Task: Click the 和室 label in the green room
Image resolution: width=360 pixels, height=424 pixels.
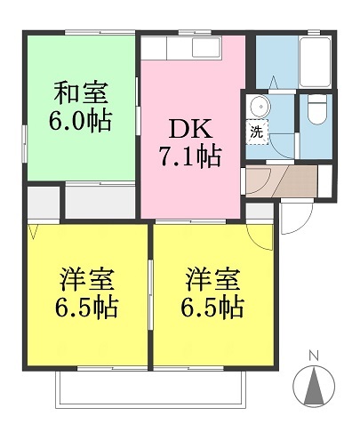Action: pos(81,92)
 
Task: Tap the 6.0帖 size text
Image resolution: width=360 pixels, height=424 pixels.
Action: pos(80,121)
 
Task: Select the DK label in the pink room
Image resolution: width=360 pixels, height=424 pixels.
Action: pos(190,128)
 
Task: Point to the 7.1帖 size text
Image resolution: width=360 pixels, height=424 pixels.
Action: pos(190,156)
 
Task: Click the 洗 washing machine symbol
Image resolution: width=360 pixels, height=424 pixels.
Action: pos(257,132)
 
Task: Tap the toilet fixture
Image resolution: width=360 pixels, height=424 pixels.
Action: pos(316,108)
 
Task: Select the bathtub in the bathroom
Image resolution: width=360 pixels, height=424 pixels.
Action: pos(315,62)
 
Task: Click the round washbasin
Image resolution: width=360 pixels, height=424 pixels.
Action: pos(260,106)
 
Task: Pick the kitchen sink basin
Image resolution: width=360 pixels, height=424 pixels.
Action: pos(206,47)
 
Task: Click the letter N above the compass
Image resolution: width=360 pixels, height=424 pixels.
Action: pos(314,356)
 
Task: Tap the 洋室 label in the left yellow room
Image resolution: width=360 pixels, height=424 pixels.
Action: pos(86,279)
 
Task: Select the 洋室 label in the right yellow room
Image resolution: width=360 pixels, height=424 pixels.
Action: pos(212,279)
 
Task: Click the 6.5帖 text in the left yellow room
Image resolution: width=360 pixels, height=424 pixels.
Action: pos(86,308)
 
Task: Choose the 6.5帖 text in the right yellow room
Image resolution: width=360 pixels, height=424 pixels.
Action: pos(212,308)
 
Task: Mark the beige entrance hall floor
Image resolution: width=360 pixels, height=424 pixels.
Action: pos(282,180)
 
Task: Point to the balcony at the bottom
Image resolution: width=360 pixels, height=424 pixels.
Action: pos(152,388)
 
